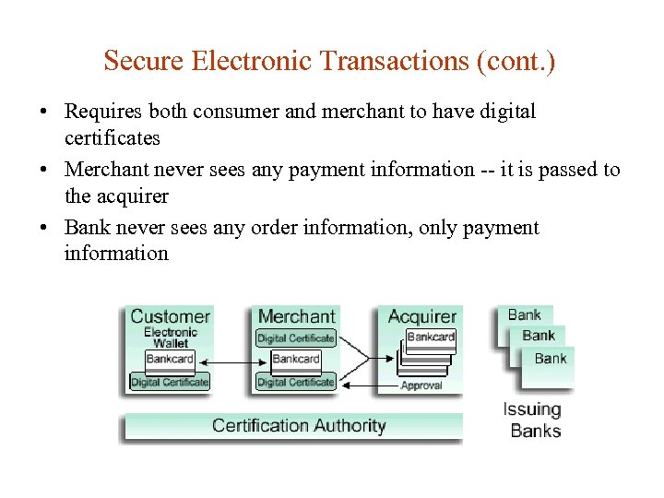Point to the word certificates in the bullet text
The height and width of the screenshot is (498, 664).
112,138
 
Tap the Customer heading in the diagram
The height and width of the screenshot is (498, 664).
170,316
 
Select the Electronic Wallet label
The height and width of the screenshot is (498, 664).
171,338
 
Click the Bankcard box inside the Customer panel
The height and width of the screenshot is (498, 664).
170,359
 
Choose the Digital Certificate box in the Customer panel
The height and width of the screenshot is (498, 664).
170,382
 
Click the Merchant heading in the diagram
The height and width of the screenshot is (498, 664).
296,316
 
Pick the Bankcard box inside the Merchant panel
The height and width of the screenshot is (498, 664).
296,359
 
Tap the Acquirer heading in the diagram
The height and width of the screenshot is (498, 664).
421,316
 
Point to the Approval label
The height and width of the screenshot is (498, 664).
421,385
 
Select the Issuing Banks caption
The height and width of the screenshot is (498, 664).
532,420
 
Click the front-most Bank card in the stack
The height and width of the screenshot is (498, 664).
551,360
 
